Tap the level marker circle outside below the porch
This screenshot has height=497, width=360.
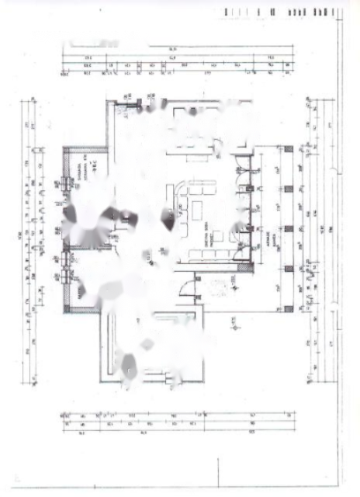click(x=232, y=318)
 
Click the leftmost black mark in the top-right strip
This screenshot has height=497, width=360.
click(x=227, y=12)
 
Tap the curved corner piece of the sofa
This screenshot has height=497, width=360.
click(x=178, y=190)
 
